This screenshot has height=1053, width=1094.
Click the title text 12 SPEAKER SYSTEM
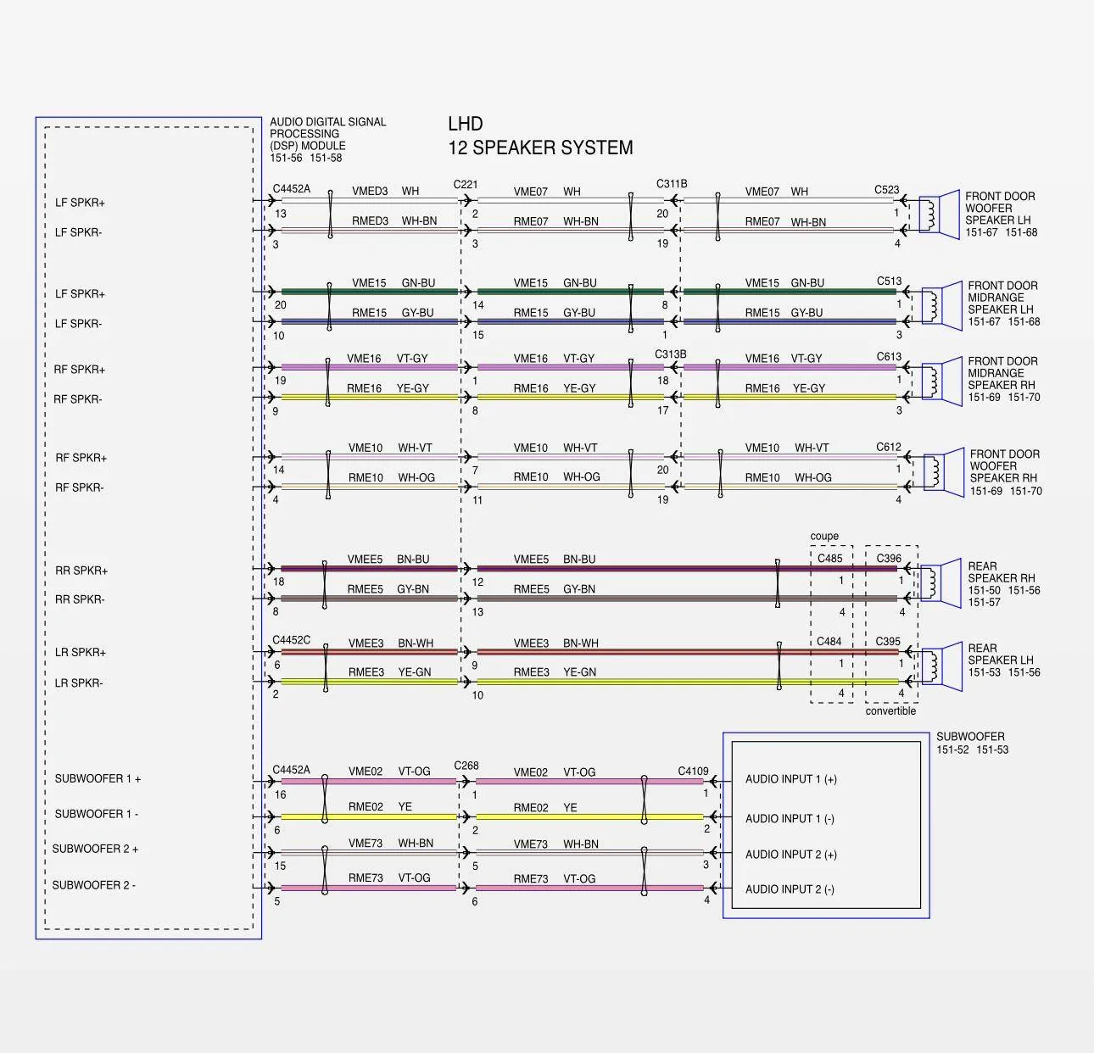(x=540, y=148)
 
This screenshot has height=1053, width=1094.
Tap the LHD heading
(x=466, y=124)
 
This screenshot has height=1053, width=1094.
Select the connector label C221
(x=466, y=184)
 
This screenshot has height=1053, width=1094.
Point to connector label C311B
(x=672, y=184)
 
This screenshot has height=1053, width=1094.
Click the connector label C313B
(x=671, y=354)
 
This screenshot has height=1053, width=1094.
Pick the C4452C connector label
(x=291, y=640)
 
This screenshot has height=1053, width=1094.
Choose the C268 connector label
(x=466, y=766)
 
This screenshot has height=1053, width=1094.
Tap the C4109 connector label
(x=693, y=771)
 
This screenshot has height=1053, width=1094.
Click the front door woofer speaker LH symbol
(x=940, y=214)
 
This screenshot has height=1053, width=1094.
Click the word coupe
(x=824, y=536)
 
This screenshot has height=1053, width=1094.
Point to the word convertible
(x=890, y=710)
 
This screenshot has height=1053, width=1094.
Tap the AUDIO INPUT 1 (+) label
(x=791, y=779)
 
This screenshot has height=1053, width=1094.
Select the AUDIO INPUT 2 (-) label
(x=790, y=889)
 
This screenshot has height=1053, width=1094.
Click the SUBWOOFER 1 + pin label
(x=98, y=779)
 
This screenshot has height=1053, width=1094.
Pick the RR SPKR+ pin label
(x=81, y=571)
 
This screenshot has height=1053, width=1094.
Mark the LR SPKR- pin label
(x=79, y=683)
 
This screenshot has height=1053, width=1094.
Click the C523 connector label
(x=886, y=190)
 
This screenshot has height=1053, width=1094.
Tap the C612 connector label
(x=888, y=447)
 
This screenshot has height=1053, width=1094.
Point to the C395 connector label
(x=888, y=641)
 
